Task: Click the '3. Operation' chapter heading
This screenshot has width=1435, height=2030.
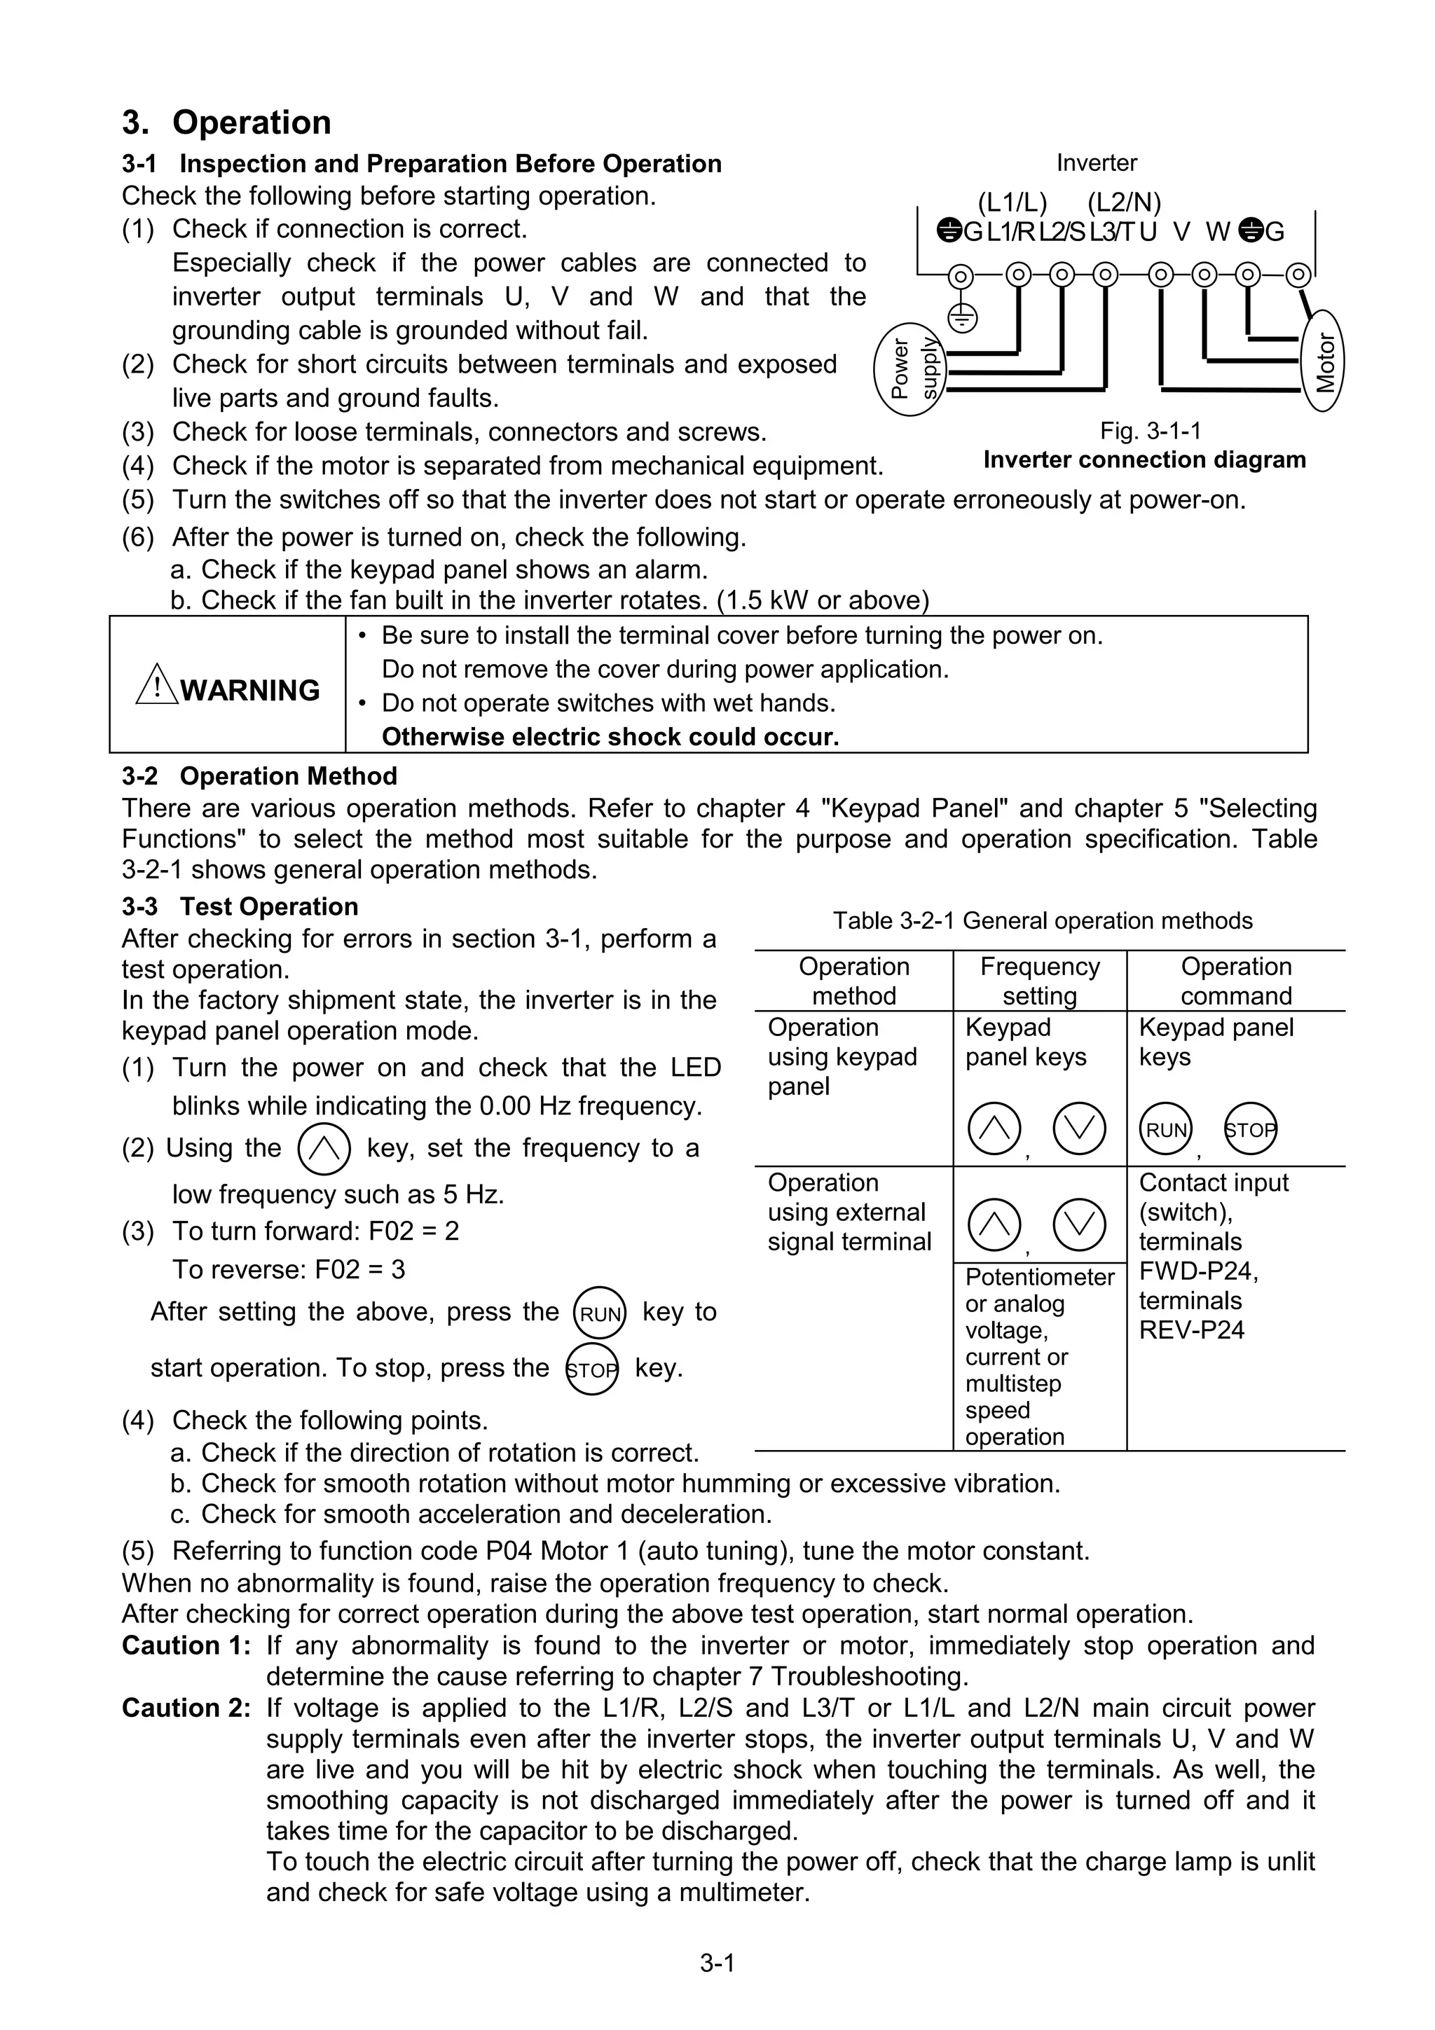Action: (x=226, y=122)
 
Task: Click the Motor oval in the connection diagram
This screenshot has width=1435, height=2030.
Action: (x=1324, y=361)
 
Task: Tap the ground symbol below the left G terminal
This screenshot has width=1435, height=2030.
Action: (x=961, y=317)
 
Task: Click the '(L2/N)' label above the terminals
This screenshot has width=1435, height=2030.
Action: (x=1124, y=202)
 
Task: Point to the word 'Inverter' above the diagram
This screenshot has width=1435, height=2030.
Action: (x=1097, y=163)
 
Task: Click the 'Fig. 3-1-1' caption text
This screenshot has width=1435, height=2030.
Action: (x=1151, y=431)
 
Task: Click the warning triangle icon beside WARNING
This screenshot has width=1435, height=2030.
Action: (x=156, y=685)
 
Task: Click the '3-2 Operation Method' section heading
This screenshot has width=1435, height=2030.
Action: (x=259, y=775)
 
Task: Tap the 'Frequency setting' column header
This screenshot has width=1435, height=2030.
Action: (x=1039, y=981)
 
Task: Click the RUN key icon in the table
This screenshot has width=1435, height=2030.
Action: (x=1165, y=1129)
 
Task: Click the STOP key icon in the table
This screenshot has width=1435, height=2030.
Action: (x=1250, y=1129)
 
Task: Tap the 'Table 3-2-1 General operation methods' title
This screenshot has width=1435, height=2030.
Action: (x=1043, y=920)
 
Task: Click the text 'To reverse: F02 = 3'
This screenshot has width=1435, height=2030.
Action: (x=288, y=1270)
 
